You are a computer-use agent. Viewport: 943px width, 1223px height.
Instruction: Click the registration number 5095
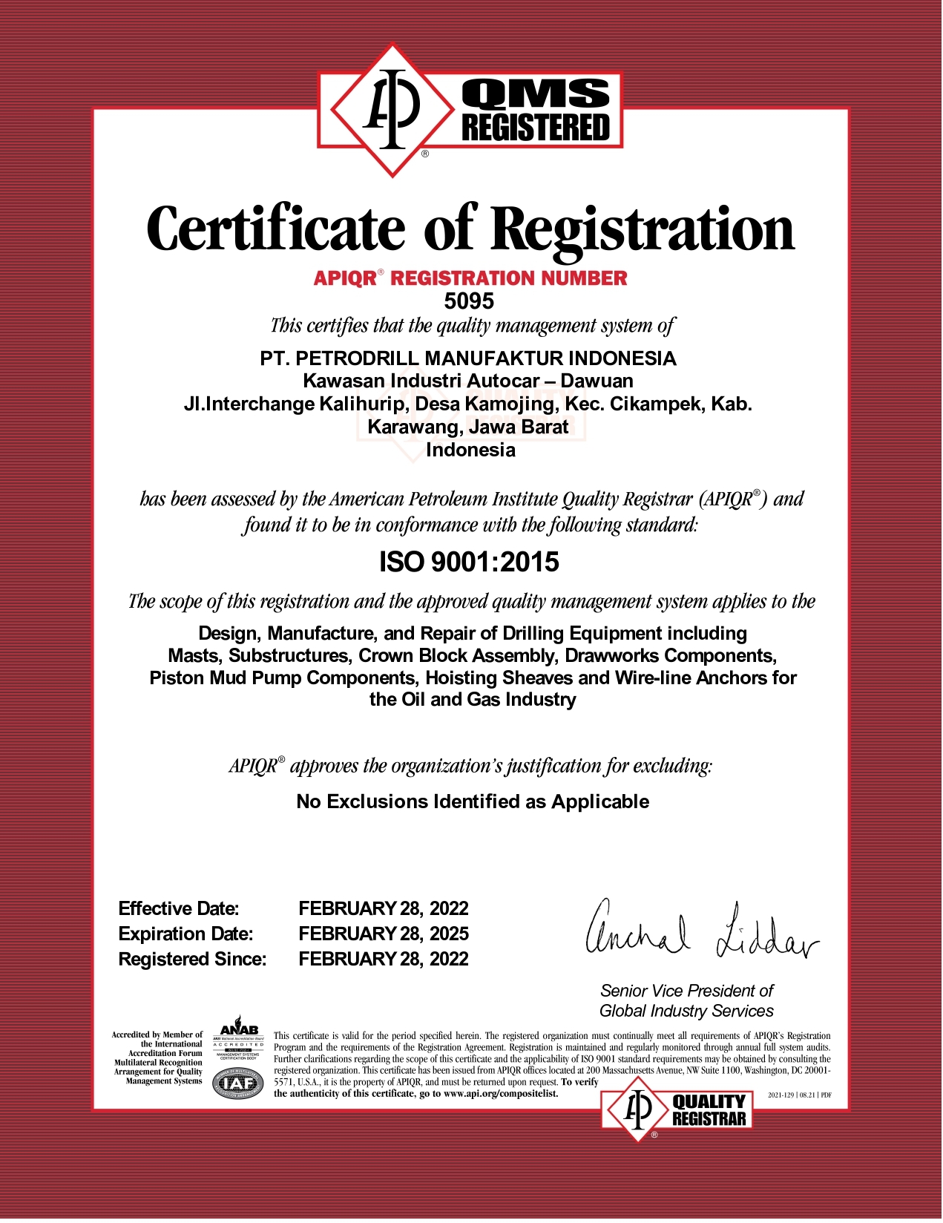coord(469,301)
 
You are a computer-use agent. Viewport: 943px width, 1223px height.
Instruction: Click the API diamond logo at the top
coord(392,110)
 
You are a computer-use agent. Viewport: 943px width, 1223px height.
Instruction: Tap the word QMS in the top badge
coord(536,94)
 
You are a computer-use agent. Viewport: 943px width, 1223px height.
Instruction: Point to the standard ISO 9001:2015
coord(469,563)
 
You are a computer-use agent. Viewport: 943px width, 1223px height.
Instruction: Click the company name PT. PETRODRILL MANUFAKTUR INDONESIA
coord(468,358)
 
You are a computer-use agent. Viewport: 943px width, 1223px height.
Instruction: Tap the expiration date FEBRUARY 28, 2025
coord(384,934)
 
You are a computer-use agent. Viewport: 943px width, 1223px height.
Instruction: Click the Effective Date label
coord(179,909)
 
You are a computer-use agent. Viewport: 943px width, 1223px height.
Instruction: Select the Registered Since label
coord(192,960)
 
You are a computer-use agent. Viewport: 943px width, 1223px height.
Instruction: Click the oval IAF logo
coord(238,1084)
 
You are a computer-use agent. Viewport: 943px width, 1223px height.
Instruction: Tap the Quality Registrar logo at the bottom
coord(677,1110)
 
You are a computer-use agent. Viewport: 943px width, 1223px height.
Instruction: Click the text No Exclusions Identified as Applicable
coord(473,802)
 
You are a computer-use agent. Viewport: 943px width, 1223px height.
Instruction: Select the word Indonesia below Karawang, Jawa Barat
coord(470,450)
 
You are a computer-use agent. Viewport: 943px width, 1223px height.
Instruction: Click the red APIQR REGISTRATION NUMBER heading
coord(470,278)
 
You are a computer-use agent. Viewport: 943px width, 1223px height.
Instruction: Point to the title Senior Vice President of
coord(686,991)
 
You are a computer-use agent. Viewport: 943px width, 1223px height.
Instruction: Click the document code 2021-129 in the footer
coord(781,1095)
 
